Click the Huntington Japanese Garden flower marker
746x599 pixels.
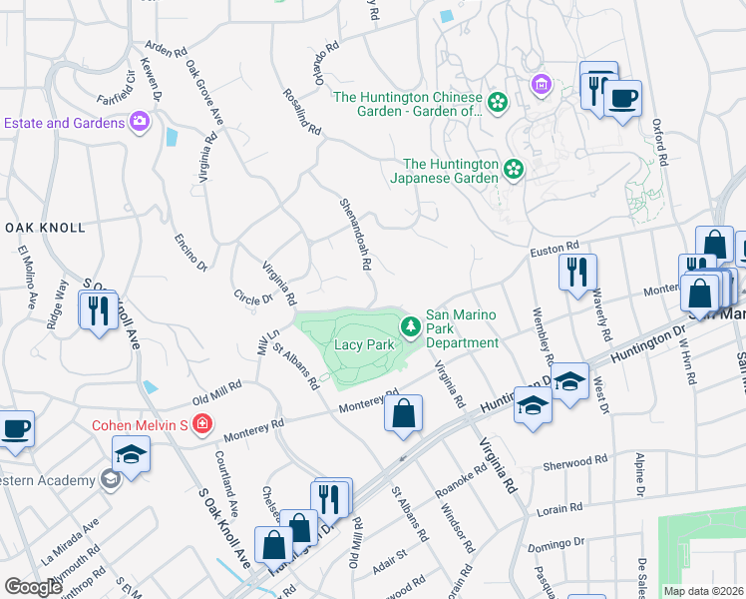513,169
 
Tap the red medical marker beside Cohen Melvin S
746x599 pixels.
202,424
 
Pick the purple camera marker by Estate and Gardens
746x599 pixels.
140,122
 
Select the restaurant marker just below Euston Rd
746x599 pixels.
577,272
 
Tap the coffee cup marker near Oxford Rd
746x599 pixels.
623,99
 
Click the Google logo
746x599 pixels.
33,586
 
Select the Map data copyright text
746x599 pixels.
703,591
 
